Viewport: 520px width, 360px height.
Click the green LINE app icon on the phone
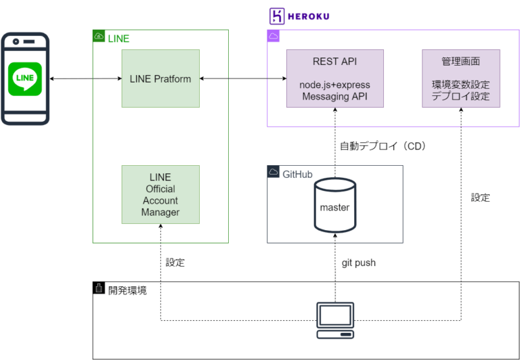(25, 80)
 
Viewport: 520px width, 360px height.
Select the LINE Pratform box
(160, 78)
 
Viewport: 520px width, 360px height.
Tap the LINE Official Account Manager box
(160, 195)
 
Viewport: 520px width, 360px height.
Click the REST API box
(334, 78)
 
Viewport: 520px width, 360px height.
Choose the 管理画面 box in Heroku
(460, 78)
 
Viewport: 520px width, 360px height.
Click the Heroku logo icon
(276, 16)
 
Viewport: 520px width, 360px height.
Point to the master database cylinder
(334, 205)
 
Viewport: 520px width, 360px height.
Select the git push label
(358, 263)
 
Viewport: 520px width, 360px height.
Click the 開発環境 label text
(127, 290)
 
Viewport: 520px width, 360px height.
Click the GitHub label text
(297, 173)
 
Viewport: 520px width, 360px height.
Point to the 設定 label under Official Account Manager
(175, 262)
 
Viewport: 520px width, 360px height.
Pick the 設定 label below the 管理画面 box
(480, 198)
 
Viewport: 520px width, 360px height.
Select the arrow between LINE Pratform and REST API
(243, 80)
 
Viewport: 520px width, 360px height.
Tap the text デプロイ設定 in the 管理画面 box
(460, 97)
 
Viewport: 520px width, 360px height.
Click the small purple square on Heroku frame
(274, 37)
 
